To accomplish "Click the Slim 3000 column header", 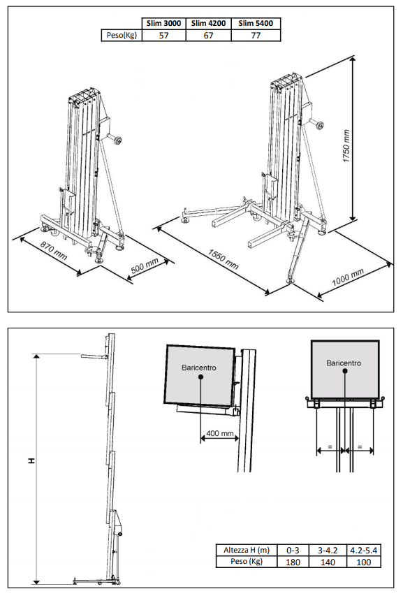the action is pyautogui.click(x=163, y=23).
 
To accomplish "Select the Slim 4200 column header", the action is pyautogui.click(x=209, y=23).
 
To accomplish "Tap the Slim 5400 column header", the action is pyautogui.click(x=256, y=23).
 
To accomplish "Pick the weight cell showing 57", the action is pyautogui.click(x=163, y=36).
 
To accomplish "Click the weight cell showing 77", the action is pyautogui.click(x=256, y=36).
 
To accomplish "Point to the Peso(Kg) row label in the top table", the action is pyautogui.click(x=122, y=36).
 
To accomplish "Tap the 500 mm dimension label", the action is pyautogui.click(x=145, y=266).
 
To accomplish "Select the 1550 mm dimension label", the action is pyautogui.click(x=224, y=259).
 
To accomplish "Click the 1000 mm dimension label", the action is pyautogui.click(x=348, y=276).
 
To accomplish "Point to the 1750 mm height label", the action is pyautogui.click(x=346, y=146).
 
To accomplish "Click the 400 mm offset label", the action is pyautogui.click(x=219, y=433).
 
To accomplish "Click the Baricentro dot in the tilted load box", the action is pyautogui.click(x=200, y=377).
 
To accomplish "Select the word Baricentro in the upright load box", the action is pyautogui.click(x=344, y=363).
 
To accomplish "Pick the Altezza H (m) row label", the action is pyautogui.click(x=247, y=550).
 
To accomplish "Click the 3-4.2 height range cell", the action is pyautogui.click(x=328, y=550).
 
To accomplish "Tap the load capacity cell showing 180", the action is pyautogui.click(x=293, y=562).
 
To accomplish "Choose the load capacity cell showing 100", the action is pyautogui.click(x=364, y=562).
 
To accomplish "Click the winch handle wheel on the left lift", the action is pyautogui.click(x=117, y=141).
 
